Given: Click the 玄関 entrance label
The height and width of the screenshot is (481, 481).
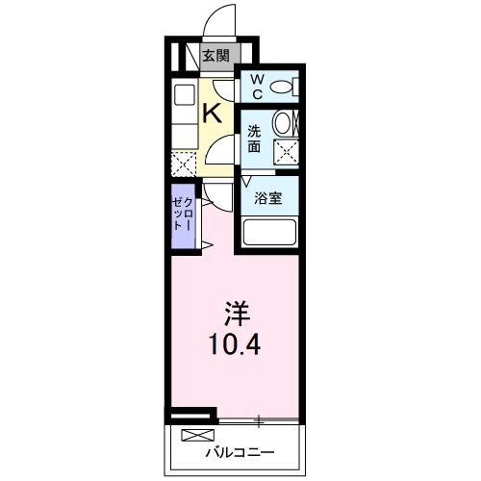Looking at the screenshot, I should click(215, 56).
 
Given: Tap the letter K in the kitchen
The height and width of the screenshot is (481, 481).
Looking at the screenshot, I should click(213, 113).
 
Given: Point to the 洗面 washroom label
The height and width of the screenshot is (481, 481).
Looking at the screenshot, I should click(254, 139).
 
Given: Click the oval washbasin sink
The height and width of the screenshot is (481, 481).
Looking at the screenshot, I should click(283, 123).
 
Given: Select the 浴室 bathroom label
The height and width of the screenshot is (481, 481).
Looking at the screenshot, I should click(268, 199).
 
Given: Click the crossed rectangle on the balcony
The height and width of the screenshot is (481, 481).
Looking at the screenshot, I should click(194, 436).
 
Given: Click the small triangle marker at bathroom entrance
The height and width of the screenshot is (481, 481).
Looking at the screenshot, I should click(245, 181).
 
